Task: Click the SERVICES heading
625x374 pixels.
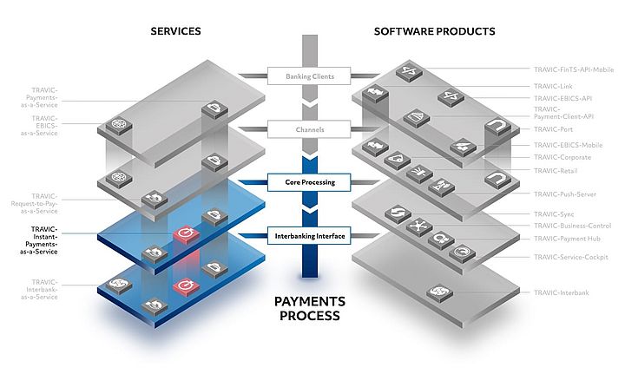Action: (x=175, y=31)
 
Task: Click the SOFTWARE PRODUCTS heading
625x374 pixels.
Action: (x=434, y=31)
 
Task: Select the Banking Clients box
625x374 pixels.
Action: (x=310, y=76)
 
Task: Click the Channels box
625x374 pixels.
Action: (x=310, y=130)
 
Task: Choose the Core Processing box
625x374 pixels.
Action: (x=310, y=183)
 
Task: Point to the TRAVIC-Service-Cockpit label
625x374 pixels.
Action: (x=573, y=257)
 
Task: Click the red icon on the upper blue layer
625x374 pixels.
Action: (x=184, y=234)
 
